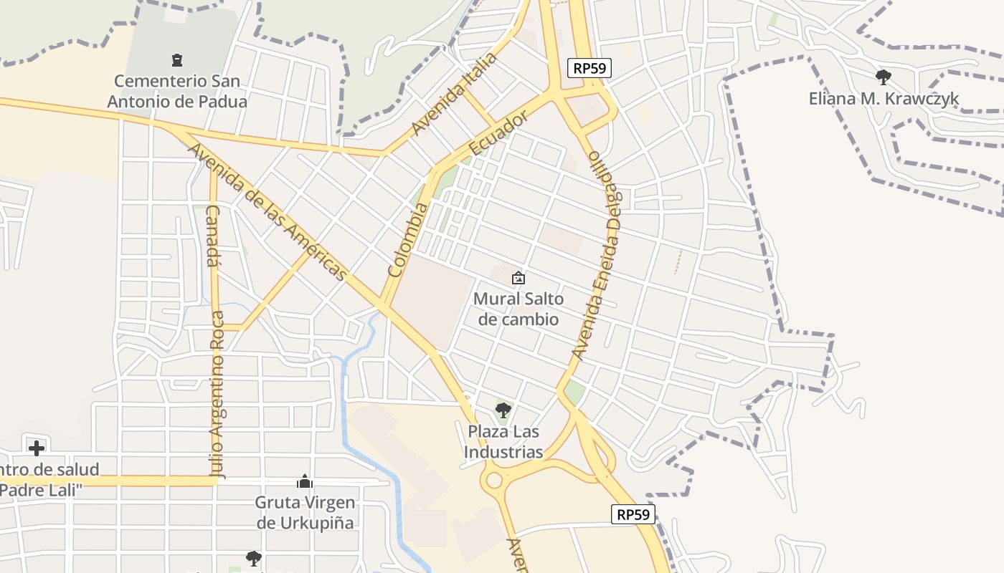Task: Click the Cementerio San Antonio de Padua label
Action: click(x=177, y=92)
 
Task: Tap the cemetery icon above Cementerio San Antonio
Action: click(x=177, y=60)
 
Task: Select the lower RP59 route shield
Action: click(x=634, y=514)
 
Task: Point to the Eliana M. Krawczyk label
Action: click(x=884, y=99)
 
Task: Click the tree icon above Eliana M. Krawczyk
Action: click(x=884, y=77)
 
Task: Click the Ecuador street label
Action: click(x=498, y=133)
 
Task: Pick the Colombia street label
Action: click(x=407, y=240)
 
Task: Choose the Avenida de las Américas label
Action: click(x=267, y=212)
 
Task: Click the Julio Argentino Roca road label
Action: click(x=217, y=394)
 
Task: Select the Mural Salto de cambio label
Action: click(x=518, y=309)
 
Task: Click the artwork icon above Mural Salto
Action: click(x=518, y=278)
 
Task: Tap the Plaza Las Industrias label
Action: click(x=503, y=442)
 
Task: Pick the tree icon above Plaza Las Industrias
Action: click(x=503, y=410)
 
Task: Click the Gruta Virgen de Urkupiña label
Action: click(x=305, y=512)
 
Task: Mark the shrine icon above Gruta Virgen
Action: click(x=305, y=481)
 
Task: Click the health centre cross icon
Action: click(x=37, y=448)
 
